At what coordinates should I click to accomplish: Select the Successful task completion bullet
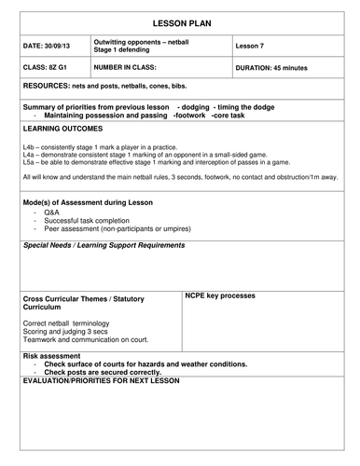click(x=89, y=220)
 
